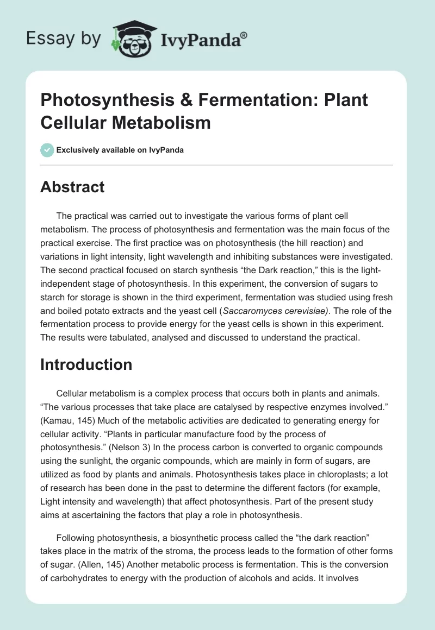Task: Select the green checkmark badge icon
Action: click(x=47, y=149)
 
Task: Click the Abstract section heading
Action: click(x=72, y=187)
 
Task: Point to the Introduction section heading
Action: click(x=86, y=364)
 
